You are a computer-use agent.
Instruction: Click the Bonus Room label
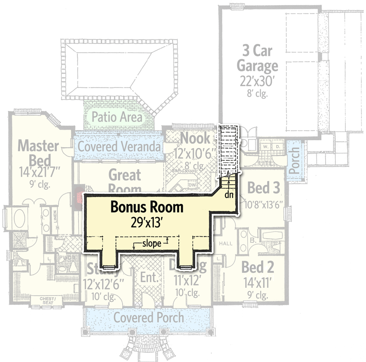[x=147, y=207]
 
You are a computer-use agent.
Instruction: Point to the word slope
[x=151, y=244]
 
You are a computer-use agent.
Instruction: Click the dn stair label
[x=229, y=194]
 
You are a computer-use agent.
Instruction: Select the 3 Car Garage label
[x=257, y=57]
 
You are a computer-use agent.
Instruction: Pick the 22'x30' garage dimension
[x=257, y=81]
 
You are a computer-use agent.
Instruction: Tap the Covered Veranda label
[x=119, y=147]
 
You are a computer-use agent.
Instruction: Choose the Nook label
[x=195, y=138]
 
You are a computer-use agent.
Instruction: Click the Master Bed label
[x=38, y=154]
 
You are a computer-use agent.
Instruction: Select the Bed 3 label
[x=263, y=188]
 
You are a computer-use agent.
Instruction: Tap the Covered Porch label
[x=148, y=317]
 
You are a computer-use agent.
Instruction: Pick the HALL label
[x=227, y=243]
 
